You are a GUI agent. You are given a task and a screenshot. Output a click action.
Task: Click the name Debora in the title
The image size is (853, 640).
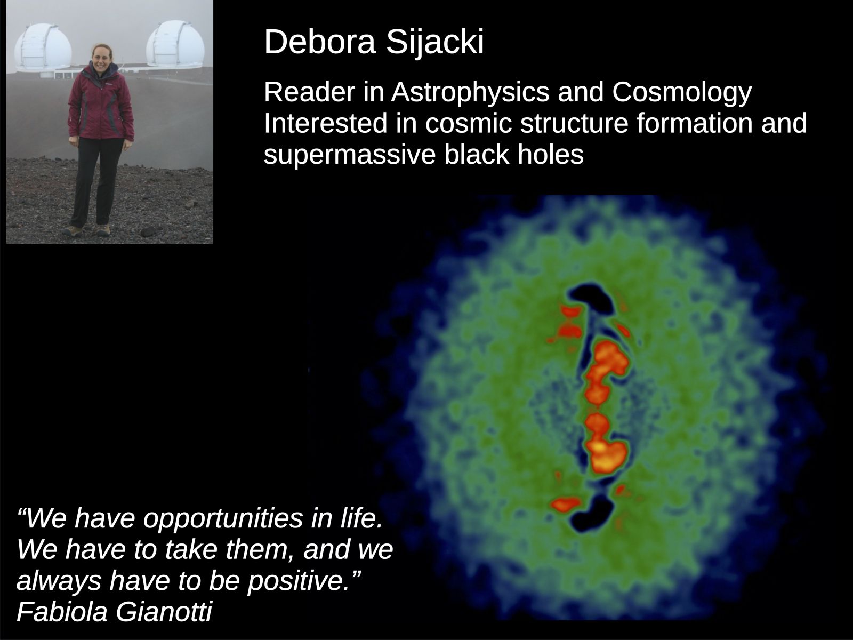(x=320, y=42)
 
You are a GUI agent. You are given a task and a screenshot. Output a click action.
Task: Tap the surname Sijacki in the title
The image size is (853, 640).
(x=435, y=43)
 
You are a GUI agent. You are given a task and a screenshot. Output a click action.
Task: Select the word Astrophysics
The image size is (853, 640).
(x=470, y=93)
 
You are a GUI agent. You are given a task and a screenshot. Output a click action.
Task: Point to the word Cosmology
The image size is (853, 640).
(x=682, y=93)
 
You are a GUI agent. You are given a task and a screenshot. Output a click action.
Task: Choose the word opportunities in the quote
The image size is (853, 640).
(x=223, y=519)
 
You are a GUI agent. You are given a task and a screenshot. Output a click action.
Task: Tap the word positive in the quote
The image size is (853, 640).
(x=299, y=582)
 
